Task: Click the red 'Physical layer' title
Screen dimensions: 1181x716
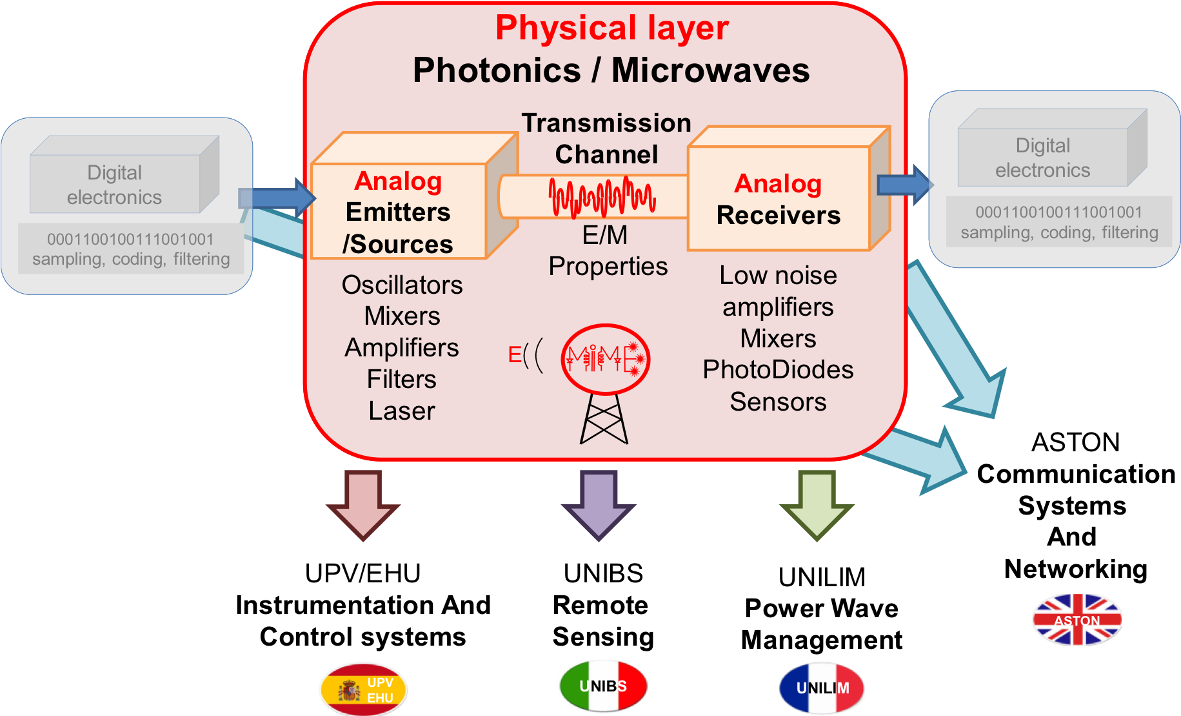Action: pyautogui.click(x=611, y=29)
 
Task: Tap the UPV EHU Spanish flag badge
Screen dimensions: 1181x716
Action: pyautogui.click(x=363, y=690)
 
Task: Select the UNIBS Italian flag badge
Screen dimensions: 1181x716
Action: pyautogui.click(x=603, y=686)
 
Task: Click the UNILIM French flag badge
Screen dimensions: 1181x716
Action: pyautogui.click(x=822, y=688)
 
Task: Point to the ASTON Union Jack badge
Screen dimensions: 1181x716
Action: pyautogui.click(x=1077, y=620)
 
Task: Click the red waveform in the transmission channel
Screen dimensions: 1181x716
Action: pyautogui.click(x=602, y=197)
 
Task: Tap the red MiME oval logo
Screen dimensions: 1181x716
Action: pyautogui.click(x=605, y=359)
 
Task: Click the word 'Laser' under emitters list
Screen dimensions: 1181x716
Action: pyautogui.click(x=402, y=411)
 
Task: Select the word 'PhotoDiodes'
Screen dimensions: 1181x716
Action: pyautogui.click(x=778, y=370)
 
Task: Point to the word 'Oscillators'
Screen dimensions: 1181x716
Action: pyautogui.click(x=402, y=285)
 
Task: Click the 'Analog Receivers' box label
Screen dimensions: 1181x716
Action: pyautogui.click(x=779, y=199)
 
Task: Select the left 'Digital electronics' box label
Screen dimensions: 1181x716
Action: pyautogui.click(x=114, y=185)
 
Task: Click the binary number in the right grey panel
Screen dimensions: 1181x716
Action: pyautogui.click(x=1059, y=212)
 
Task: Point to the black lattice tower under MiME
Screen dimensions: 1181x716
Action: pyautogui.click(x=604, y=419)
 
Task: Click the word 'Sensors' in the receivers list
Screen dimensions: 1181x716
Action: pyautogui.click(x=778, y=402)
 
